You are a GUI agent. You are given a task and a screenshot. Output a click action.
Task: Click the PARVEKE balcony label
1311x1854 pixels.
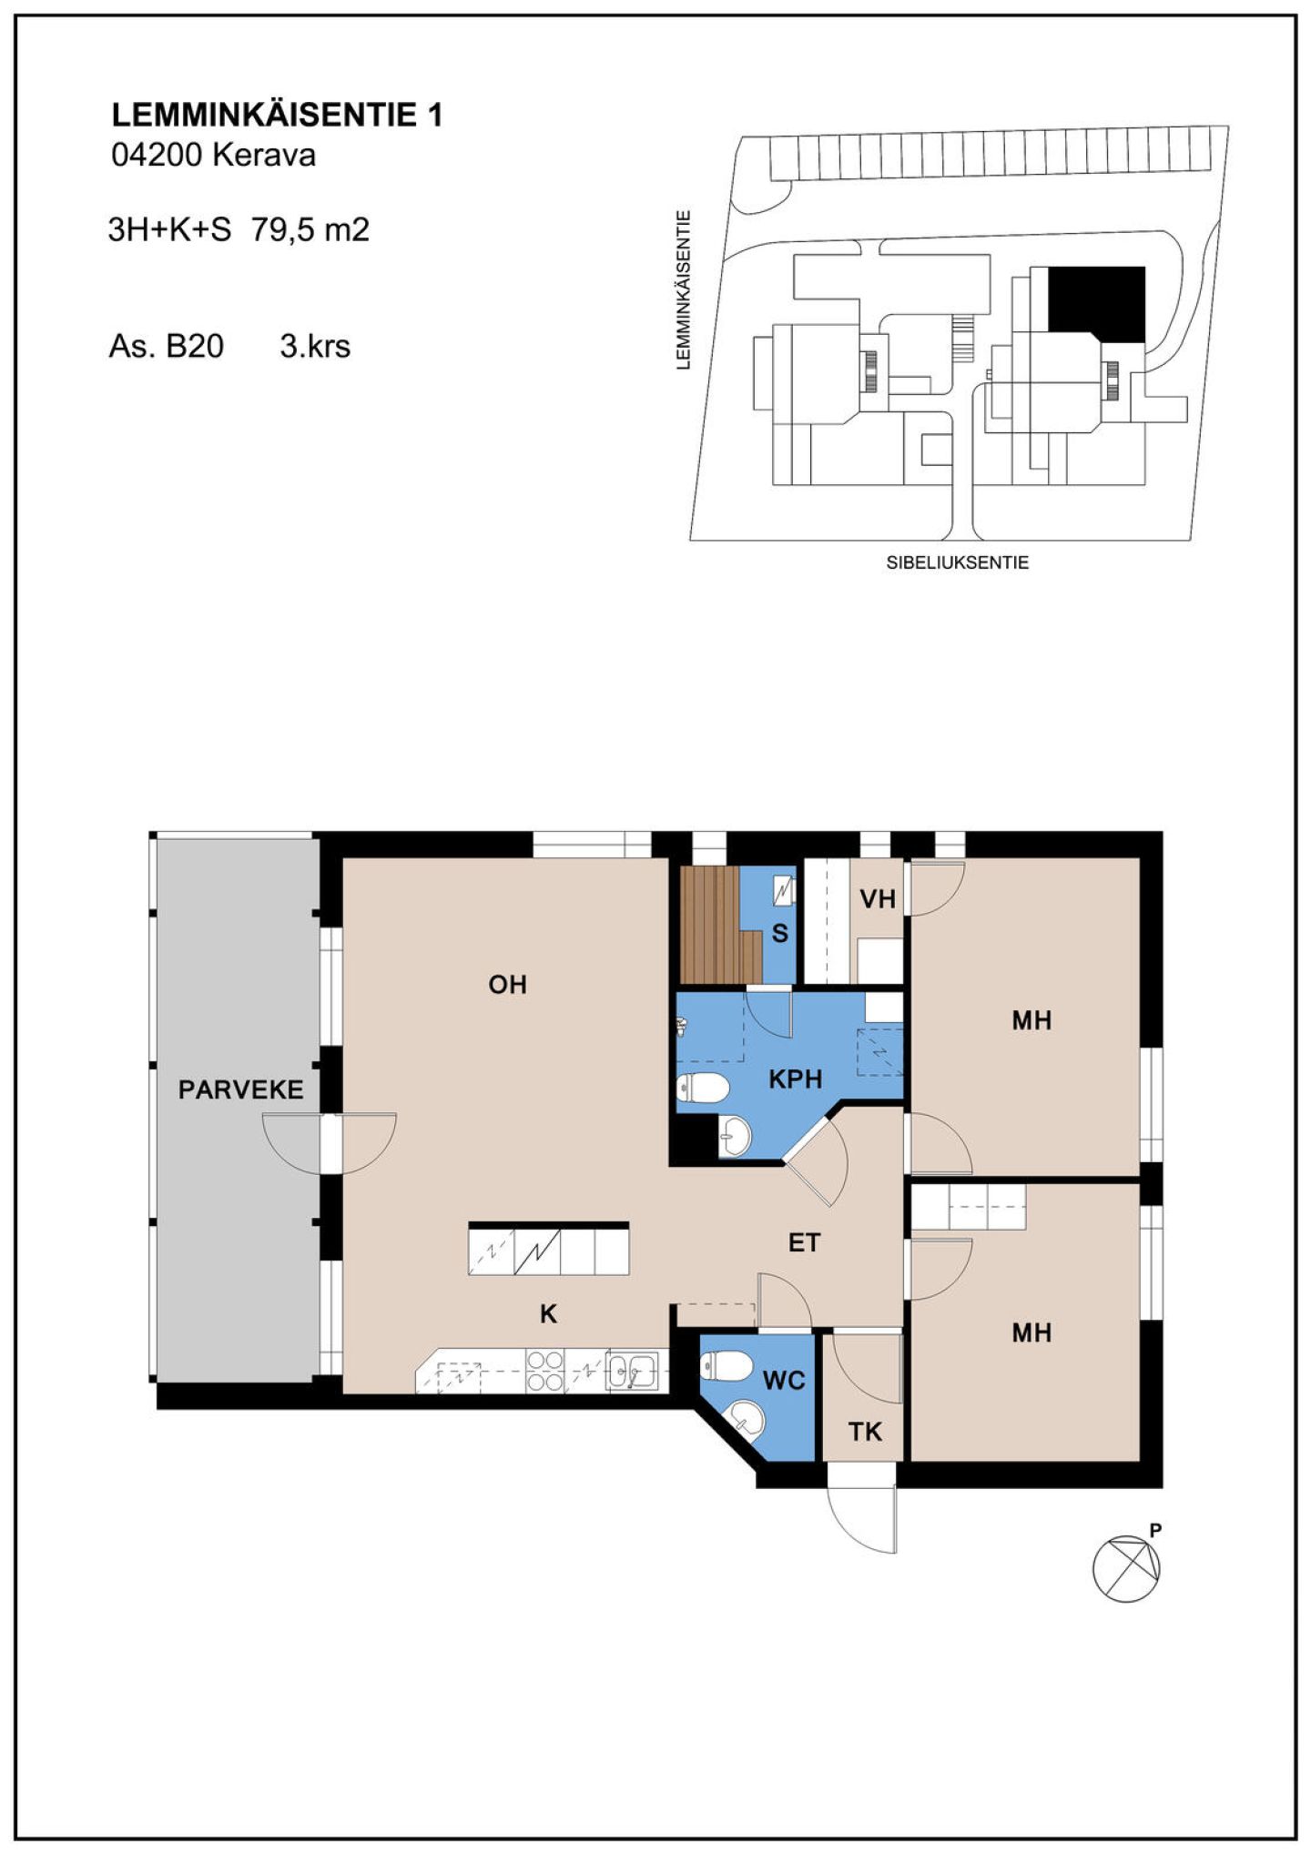click(x=240, y=1089)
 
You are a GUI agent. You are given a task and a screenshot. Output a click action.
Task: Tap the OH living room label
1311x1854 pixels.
click(x=507, y=984)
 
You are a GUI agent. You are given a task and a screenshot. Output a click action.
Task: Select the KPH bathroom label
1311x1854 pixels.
click(x=796, y=1079)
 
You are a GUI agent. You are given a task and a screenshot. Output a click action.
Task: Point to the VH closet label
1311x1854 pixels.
click(x=878, y=899)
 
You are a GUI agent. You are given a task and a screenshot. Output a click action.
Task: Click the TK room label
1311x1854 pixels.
click(x=865, y=1432)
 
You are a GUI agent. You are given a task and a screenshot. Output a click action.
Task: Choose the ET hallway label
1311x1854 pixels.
click(x=804, y=1242)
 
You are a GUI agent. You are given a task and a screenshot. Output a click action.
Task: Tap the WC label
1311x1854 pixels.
click(x=784, y=1381)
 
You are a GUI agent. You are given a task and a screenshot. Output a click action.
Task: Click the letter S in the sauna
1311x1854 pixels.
click(x=779, y=933)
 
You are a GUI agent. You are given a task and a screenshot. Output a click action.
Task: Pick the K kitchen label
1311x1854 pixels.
click(x=548, y=1313)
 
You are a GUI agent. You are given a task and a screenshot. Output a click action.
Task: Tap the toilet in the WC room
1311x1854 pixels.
click(x=726, y=1365)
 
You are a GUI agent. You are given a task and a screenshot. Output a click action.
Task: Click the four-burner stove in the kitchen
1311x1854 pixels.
click(x=545, y=1370)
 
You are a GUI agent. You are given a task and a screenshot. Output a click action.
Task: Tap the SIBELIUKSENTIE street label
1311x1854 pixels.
click(x=958, y=562)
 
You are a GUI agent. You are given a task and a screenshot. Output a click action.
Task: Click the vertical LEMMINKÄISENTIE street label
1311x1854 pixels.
click(x=683, y=290)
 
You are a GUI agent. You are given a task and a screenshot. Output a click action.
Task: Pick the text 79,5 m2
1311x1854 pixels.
click(x=310, y=229)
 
